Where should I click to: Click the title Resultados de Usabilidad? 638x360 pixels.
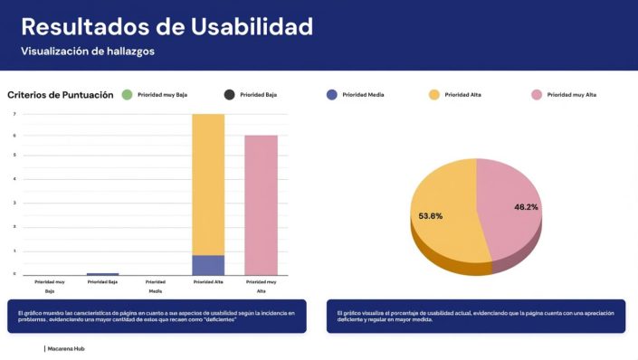point(167,26)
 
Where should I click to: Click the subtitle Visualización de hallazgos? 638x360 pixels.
point(88,52)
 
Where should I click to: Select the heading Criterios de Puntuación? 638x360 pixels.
point(61,94)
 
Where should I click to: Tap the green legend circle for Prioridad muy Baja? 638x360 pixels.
point(127,94)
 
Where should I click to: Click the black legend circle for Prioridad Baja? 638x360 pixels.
point(229,94)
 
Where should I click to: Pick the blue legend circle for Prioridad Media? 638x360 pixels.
point(331,94)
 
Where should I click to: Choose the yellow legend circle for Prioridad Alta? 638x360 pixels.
point(433,94)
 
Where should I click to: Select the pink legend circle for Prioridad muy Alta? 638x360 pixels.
point(536,94)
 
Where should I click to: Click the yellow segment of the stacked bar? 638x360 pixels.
point(207,181)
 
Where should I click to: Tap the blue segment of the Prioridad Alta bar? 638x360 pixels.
point(207,264)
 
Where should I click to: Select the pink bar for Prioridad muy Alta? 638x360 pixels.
point(261,204)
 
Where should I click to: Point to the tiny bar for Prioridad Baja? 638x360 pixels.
point(102,273)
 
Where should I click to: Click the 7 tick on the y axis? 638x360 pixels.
point(14,114)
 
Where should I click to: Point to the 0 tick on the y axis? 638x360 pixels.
point(14,273)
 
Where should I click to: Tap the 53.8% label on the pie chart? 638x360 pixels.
point(431,216)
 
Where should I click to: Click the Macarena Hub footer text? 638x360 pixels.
point(66,347)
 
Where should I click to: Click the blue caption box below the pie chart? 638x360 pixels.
point(475,317)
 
